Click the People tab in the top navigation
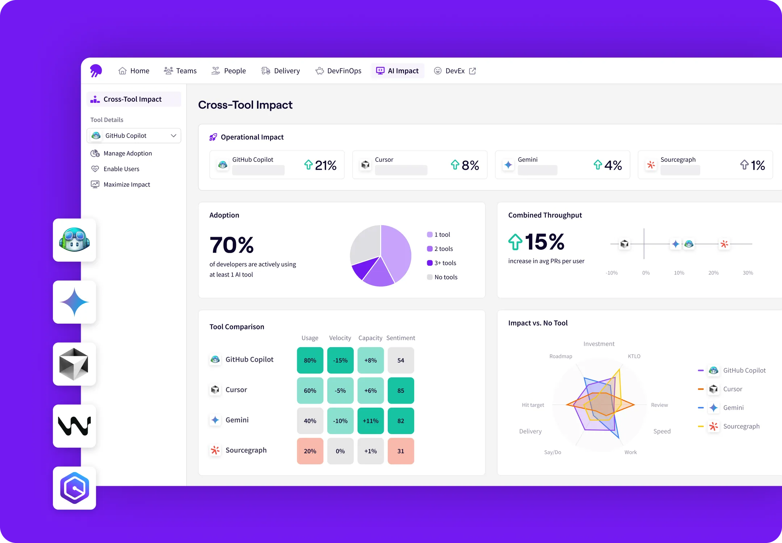tap(228, 71)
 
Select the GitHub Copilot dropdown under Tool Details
tap(134, 136)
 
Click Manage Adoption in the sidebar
tap(127, 153)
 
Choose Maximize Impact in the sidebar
tap(127, 185)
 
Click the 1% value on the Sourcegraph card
tap(757, 165)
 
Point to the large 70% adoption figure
tap(232, 245)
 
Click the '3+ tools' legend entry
tap(445, 263)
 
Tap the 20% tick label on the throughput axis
tap(713, 273)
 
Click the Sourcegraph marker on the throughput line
tap(724, 244)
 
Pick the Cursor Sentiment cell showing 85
tap(400, 391)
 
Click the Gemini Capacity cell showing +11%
tap(370, 421)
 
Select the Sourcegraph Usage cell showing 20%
tap(310, 451)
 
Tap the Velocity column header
tap(340, 338)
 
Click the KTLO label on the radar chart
tap(634, 356)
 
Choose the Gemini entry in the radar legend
tap(733, 408)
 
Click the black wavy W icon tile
tap(75, 426)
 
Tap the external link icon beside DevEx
tap(472, 71)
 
